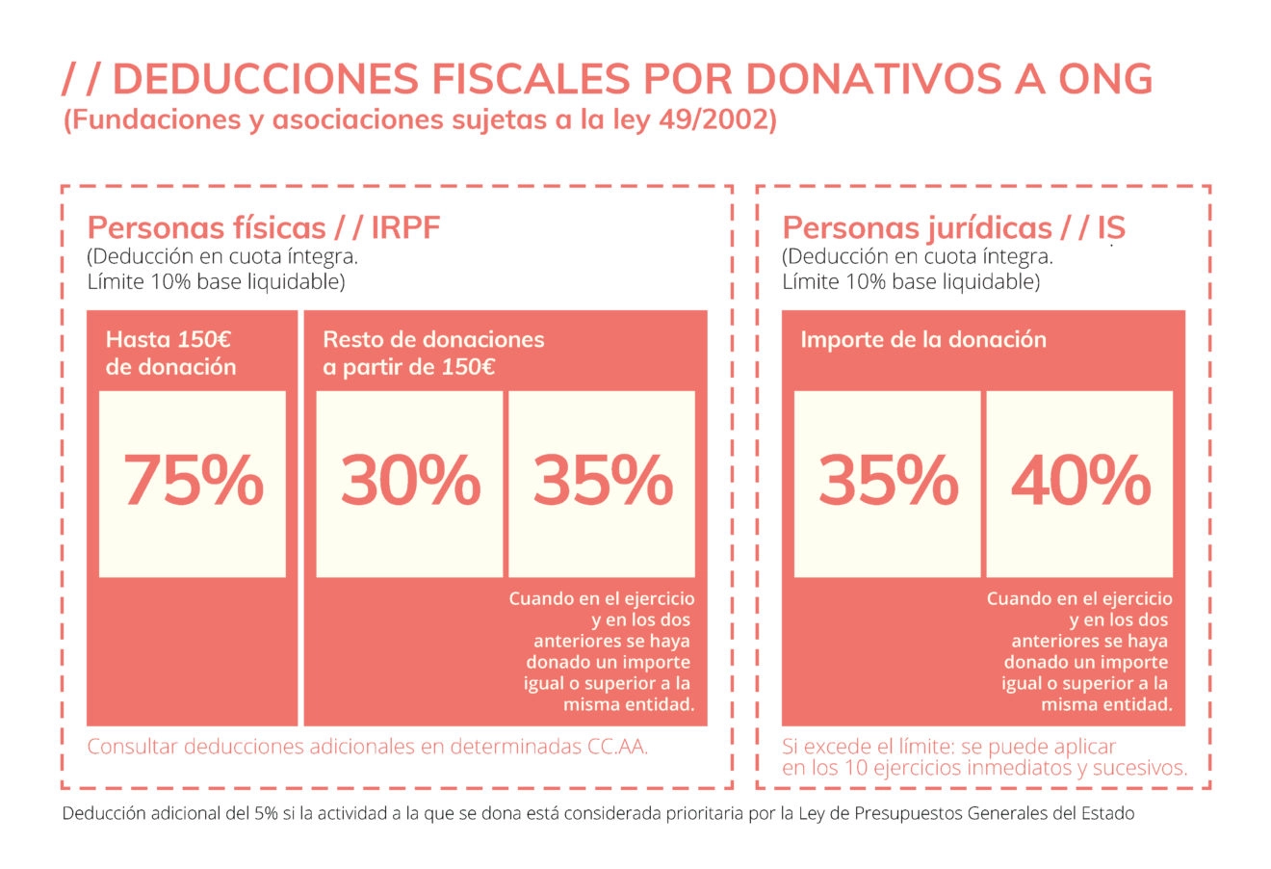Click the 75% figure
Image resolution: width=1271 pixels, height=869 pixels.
[193, 480]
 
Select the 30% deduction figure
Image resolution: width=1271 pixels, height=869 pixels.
[410, 480]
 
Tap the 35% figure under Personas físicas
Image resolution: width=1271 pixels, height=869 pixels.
[602, 480]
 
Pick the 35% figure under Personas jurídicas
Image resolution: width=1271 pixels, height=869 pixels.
[888, 480]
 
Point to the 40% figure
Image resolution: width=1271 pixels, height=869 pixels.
[1080, 480]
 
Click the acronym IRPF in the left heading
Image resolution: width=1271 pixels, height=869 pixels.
[405, 228]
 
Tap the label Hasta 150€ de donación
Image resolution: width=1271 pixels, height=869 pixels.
[170, 353]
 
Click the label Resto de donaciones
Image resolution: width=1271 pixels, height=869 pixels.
[433, 340]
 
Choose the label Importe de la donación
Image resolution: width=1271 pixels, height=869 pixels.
[922, 340]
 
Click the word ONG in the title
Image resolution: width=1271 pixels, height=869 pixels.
[1105, 79]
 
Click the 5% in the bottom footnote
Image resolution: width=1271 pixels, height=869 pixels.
[266, 814]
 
